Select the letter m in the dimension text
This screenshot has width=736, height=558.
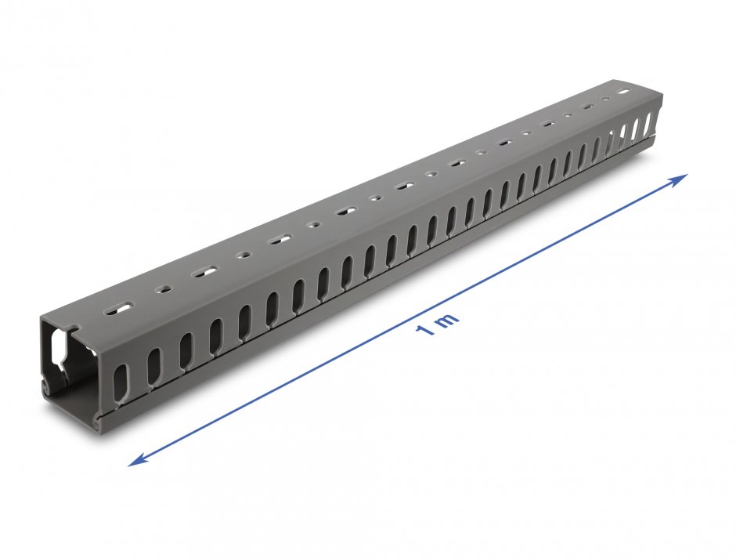[447, 321]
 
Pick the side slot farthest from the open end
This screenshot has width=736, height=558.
[648, 125]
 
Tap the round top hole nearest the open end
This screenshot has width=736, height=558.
[164, 288]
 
